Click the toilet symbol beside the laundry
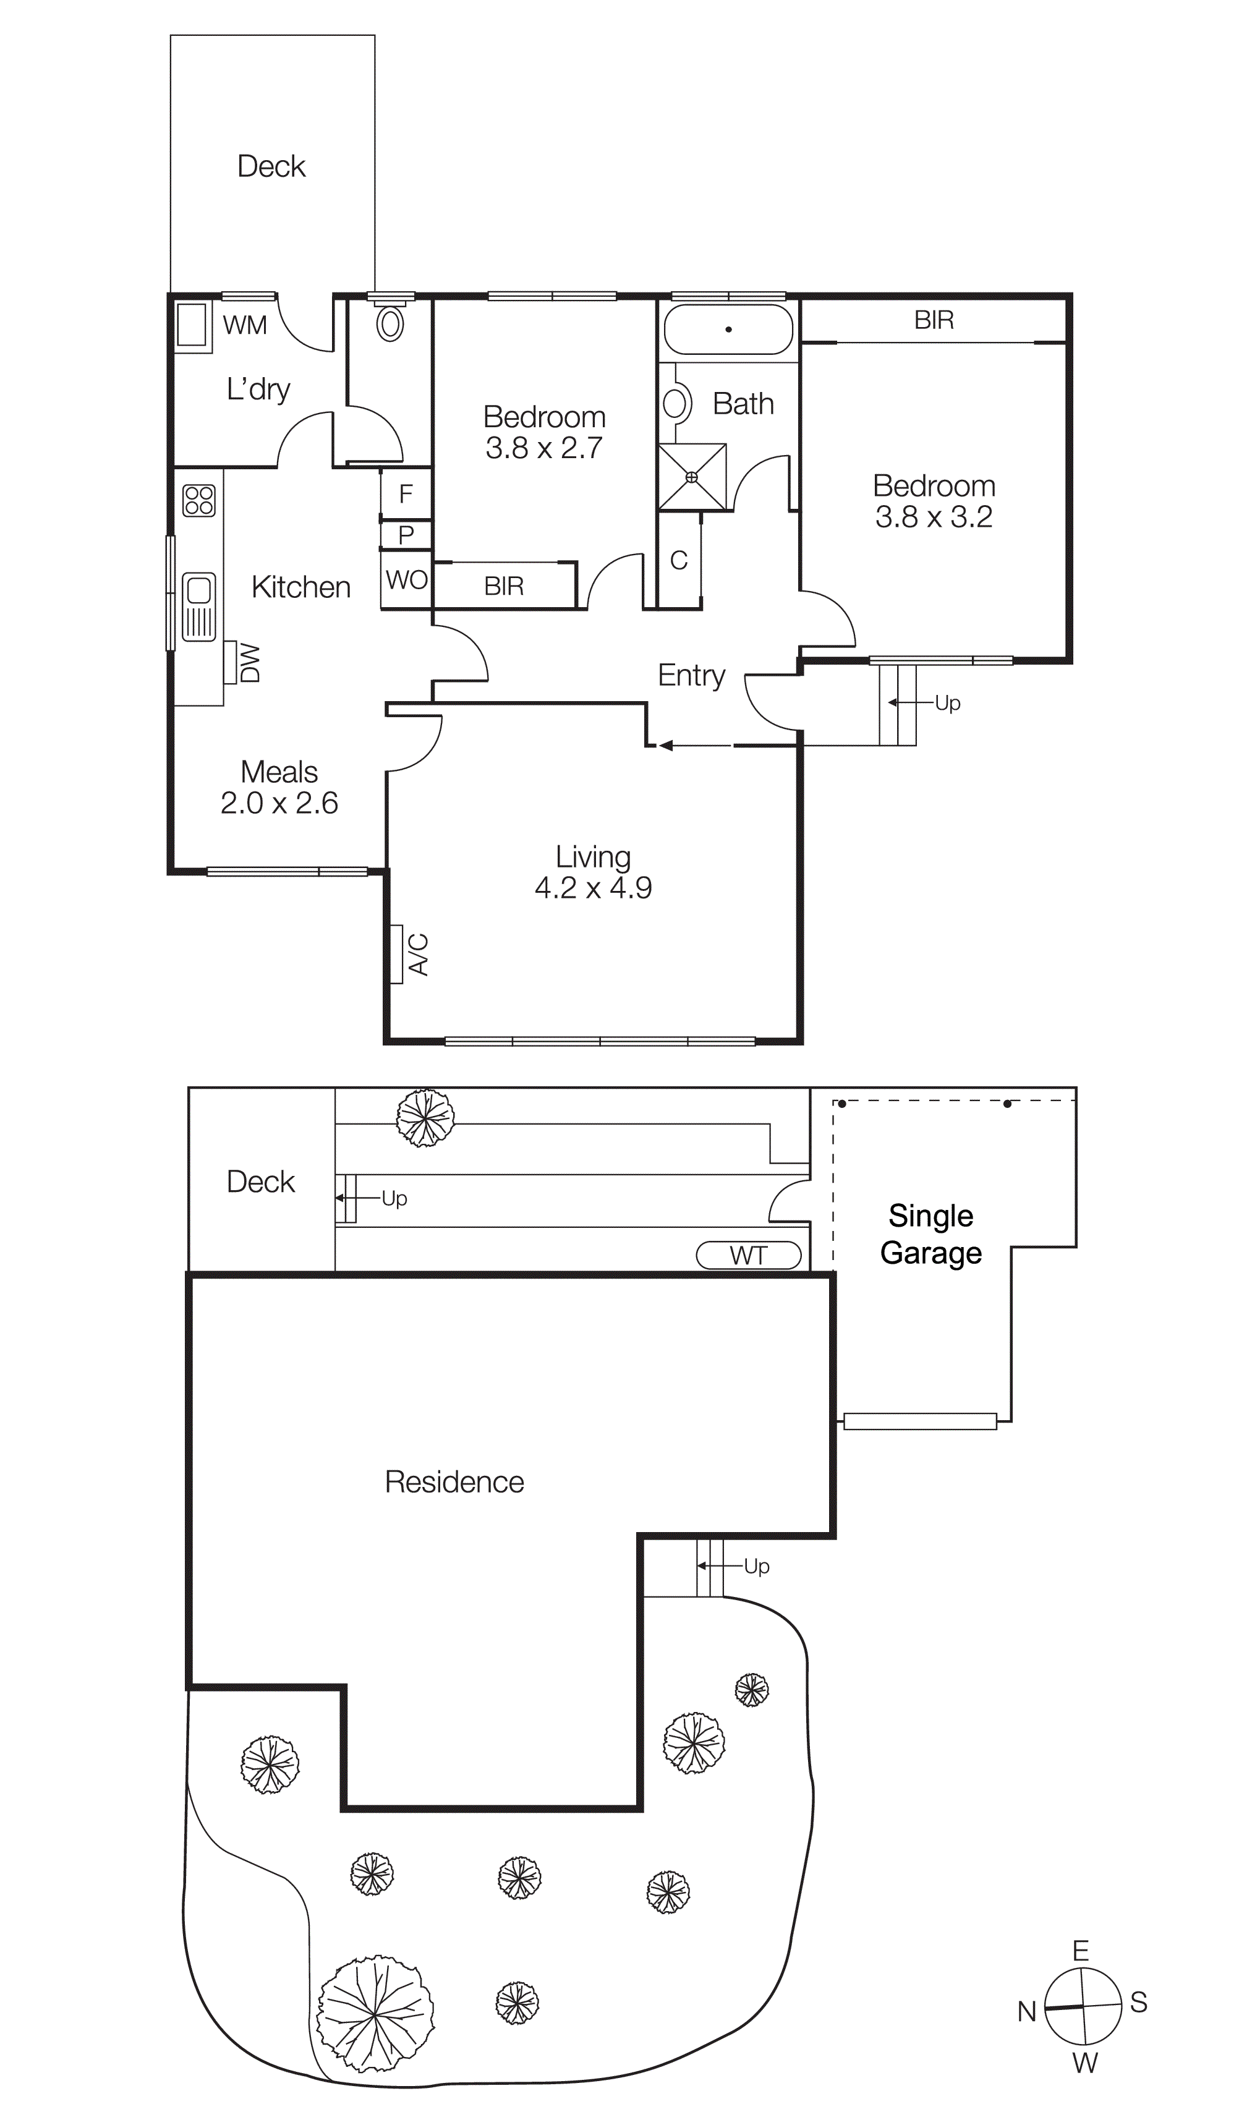tap(390, 322)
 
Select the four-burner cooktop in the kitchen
tap(199, 500)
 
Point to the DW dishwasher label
tap(250, 663)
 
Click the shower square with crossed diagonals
tap(692, 477)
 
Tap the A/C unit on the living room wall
tap(396, 954)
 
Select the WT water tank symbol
tap(748, 1254)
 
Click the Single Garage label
tap(930, 1233)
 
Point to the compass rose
tap(1083, 2006)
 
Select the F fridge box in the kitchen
tap(406, 493)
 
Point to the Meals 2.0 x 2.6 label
tap(279, 787)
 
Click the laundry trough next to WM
tap(192, 325)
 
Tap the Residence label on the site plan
tap(454, 1481)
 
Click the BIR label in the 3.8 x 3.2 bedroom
tap(934, 320)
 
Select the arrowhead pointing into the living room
tap(666, 746)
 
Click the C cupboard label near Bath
tap(679, 560)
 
